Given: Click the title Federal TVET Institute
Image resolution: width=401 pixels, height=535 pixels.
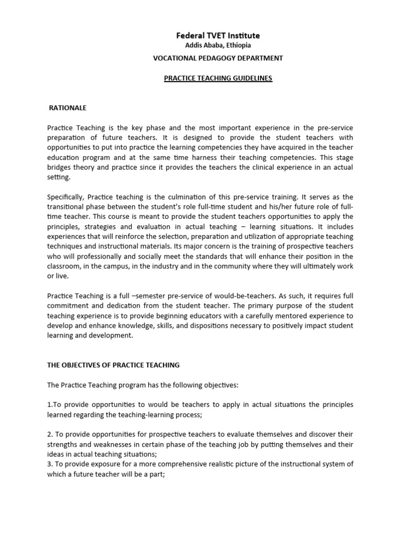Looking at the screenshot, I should (x=218, y=36).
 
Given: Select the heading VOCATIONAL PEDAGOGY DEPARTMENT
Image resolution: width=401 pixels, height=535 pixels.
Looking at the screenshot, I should (x=218, y=58).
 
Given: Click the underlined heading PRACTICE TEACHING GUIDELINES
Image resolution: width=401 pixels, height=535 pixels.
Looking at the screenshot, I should (x=218, y=78).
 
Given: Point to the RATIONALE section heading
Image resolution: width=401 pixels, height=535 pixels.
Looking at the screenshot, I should (x=67, y=108).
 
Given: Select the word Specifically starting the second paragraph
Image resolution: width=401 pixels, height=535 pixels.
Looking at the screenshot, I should (x=66, y=197).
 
